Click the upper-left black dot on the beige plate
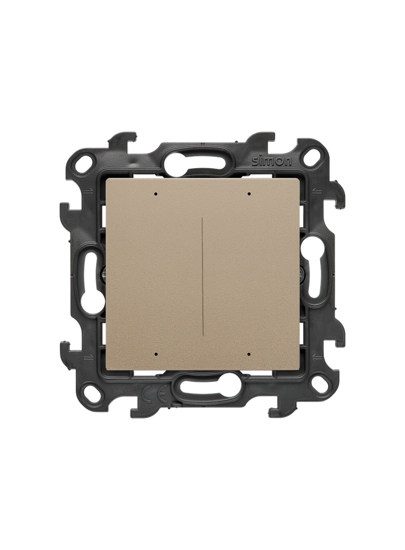[156, 193]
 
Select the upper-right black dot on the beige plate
[248, 193]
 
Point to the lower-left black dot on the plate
[156, 354]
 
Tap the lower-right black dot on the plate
[248, 354]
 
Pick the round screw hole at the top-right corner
[311, 156]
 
